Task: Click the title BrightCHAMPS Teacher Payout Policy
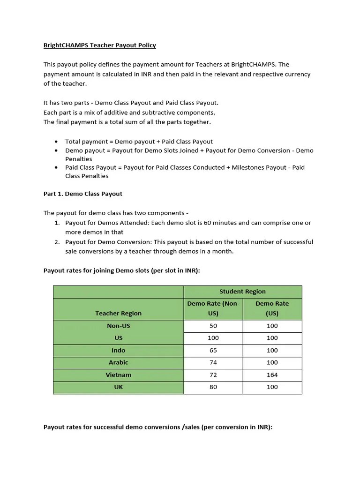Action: tap(99, 45)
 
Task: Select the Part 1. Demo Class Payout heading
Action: tap(83, 194)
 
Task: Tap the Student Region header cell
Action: tap(242, 292)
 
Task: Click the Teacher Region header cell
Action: tap(118, 313)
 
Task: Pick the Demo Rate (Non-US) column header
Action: tap(213, 308)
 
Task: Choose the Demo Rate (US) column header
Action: tap(272, 308)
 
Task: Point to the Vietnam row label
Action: tap(118, 375)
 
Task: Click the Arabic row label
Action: tap(118, 362)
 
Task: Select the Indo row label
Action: tap(118, 350)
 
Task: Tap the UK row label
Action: tap(118, 387)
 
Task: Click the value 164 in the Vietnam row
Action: tap(272, 375)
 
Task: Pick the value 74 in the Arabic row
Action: tap(213, 362)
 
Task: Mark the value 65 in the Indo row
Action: tap(213, 350)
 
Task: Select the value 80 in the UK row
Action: tap(213, 387)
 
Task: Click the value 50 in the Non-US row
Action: tap(213, 326)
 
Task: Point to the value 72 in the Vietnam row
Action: tap(213, 375)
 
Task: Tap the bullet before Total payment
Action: tap(56, 142)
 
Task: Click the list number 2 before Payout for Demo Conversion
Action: tap(56, 242)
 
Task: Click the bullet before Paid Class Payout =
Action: tap(56, 167)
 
